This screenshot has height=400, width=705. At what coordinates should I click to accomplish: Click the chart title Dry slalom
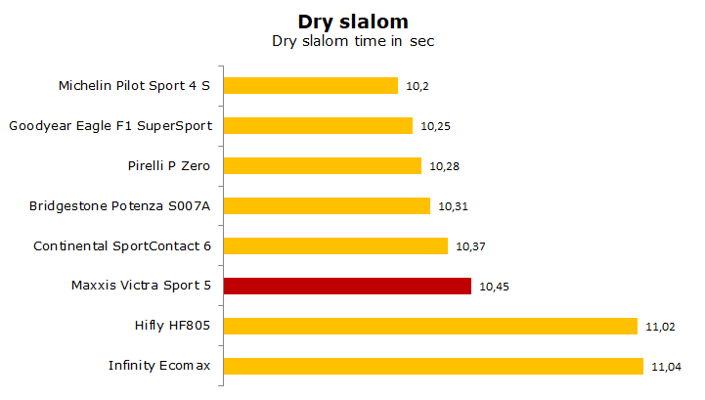tap(353, 22)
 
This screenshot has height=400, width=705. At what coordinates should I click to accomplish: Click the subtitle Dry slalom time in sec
tap(353, 41)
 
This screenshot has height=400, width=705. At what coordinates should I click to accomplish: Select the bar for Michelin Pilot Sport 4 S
tap(311, 85)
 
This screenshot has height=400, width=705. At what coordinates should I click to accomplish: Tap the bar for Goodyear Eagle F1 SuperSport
tap(318, 125)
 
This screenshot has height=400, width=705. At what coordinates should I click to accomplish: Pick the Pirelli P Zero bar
tap(323, 165)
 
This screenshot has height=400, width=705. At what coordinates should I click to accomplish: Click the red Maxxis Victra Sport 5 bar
tap(347, 287)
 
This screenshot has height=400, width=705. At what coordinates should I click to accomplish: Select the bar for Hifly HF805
tap(430, 327)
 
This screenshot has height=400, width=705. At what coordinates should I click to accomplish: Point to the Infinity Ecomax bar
tap(433, 366)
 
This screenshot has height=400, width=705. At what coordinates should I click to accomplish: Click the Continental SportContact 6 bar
tap(335, 246)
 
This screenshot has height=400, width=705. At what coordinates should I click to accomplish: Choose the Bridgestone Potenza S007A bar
tap(327, 206)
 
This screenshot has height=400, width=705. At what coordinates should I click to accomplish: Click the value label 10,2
tap(418, 86)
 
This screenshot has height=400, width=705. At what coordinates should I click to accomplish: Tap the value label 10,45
tap(494, 287)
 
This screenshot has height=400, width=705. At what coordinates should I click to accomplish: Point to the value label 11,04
tap(666, 367)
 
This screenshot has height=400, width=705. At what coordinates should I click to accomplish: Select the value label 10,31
tap(454, 206)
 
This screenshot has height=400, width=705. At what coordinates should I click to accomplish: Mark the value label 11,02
tap(660, 327)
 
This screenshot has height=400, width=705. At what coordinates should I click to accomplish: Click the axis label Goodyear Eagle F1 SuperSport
tap(110, 126)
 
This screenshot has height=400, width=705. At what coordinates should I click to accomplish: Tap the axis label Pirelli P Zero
tap(168, 165)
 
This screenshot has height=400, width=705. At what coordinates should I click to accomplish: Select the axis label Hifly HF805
tap(172, 326)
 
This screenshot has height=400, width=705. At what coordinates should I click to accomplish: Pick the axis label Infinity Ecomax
tap(159, 366)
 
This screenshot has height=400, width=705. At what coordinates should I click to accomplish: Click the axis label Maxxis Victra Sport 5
tap(141, 286)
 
